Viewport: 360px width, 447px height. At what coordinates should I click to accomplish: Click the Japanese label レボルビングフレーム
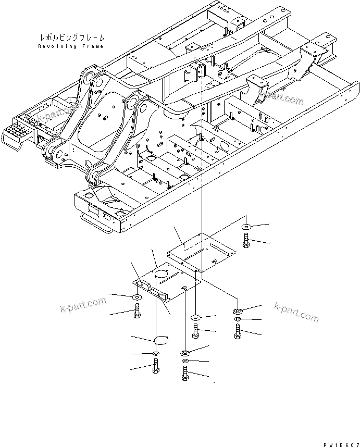[x=72, y=38]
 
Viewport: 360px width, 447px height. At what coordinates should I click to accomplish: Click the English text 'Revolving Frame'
[x=71, y=46]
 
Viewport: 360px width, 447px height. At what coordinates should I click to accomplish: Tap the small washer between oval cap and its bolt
[x=156, y=354]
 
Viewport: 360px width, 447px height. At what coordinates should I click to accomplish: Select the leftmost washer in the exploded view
[x=136, y=297]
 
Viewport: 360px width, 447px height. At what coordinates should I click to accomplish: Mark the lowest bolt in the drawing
[x=185, y=374]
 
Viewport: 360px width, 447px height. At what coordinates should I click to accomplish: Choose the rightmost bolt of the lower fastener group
[x=238, y=331]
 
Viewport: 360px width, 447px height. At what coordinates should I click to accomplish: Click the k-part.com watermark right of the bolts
[x=296, y=312]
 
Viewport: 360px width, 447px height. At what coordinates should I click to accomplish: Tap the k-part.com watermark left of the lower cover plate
[x=82, y=306]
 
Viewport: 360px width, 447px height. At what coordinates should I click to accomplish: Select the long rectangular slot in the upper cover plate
[x=199, y=251]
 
